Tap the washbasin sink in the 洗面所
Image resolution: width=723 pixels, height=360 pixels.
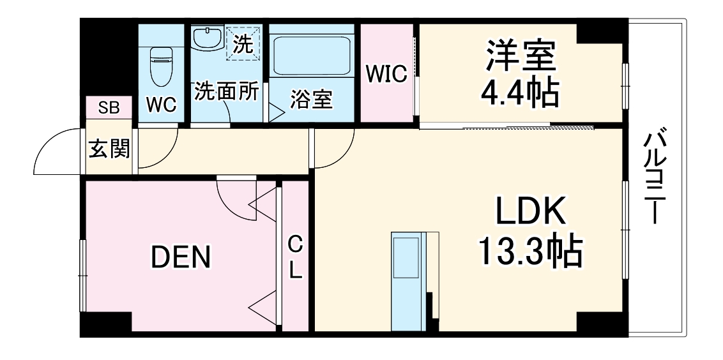pyautogui.click(x=207, y=40)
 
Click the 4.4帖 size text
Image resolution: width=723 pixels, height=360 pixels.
pyautogui.click(x=519, y=93)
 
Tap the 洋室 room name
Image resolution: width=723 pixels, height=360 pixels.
pyautogui.click(x=519, y=57)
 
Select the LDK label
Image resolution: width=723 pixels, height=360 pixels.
pyautogui.click(x=529, y=212)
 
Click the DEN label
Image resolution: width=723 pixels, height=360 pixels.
pyautogui.click(x=180, y=257)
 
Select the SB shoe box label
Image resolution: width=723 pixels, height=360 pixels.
pyautogui.click(x=109, y=108)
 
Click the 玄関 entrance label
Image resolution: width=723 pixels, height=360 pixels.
pyautogui.click(x=109, y=149)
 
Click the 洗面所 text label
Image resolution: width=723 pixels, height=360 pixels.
pyautogui.click(x=227, y=91)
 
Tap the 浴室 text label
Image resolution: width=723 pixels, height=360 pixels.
pyautogui.click(x=311, y=100)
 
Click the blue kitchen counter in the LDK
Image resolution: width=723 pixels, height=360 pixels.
pyautogui.click(x=406, y=281)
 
